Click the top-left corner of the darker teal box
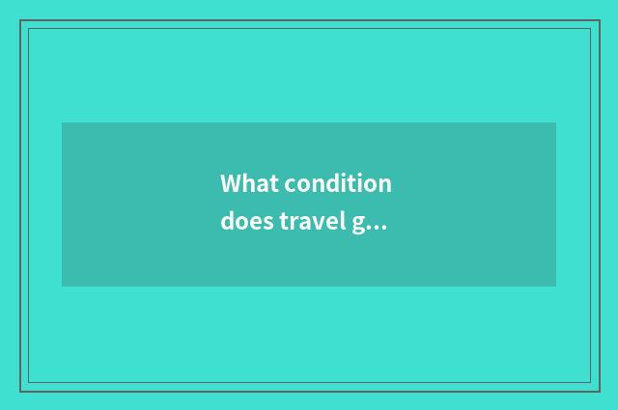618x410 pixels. tap(62, 123)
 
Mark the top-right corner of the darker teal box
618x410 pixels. tap(555, 123)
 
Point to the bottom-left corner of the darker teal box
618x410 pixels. tap(62, 286)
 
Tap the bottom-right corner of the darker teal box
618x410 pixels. tap(555, 286)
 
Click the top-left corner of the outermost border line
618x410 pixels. tap(20, 20)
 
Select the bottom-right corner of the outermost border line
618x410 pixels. tap(598, 391)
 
